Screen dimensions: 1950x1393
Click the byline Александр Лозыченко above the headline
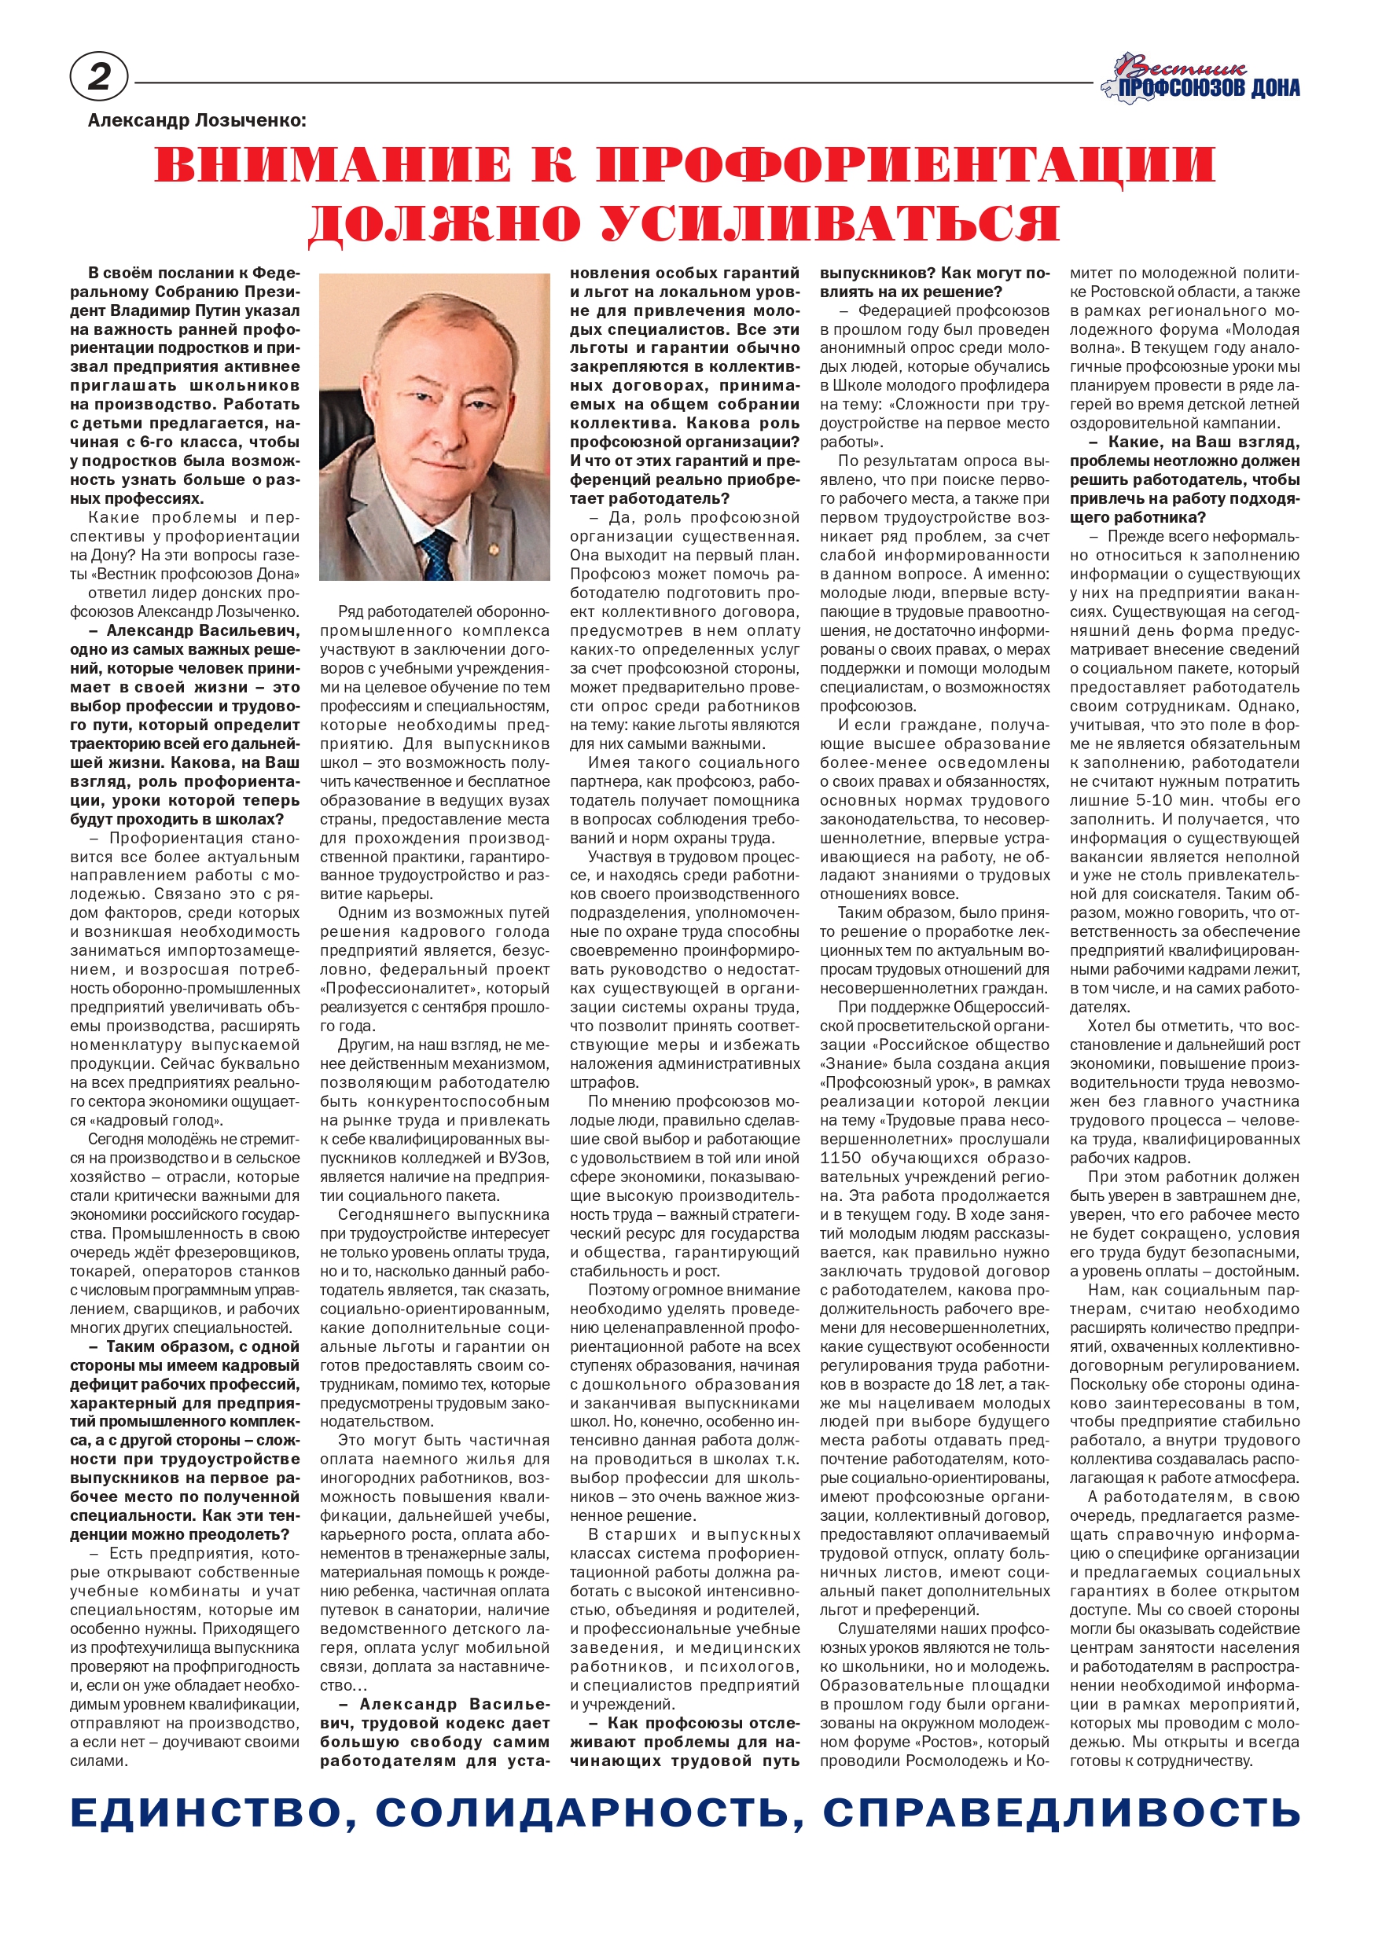click(197, 121)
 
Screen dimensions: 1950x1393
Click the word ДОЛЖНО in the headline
click(444, 224)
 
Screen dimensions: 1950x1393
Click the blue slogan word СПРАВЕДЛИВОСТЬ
click(1061, 1812)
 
